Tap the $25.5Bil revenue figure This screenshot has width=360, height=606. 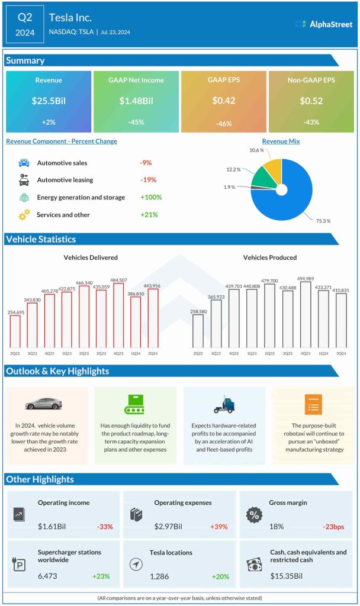(x=49, y=101)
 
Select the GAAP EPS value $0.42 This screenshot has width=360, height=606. (x=223, y=101)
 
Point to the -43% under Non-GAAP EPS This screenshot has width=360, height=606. (x=311, y=123)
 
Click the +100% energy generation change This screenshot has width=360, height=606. (x=151, y=197)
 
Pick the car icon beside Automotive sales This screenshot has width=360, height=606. (x=24, y=163)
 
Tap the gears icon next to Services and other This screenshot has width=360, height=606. (x=24, y=215)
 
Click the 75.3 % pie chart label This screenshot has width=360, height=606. (x=322, y=221)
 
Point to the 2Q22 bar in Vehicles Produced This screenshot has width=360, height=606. (x=198, y=331)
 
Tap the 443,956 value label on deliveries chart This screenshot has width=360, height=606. (x=152, y=286)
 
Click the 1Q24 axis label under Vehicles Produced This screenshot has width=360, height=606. (x=323, y=353)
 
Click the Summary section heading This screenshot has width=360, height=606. (x=25, y=60)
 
